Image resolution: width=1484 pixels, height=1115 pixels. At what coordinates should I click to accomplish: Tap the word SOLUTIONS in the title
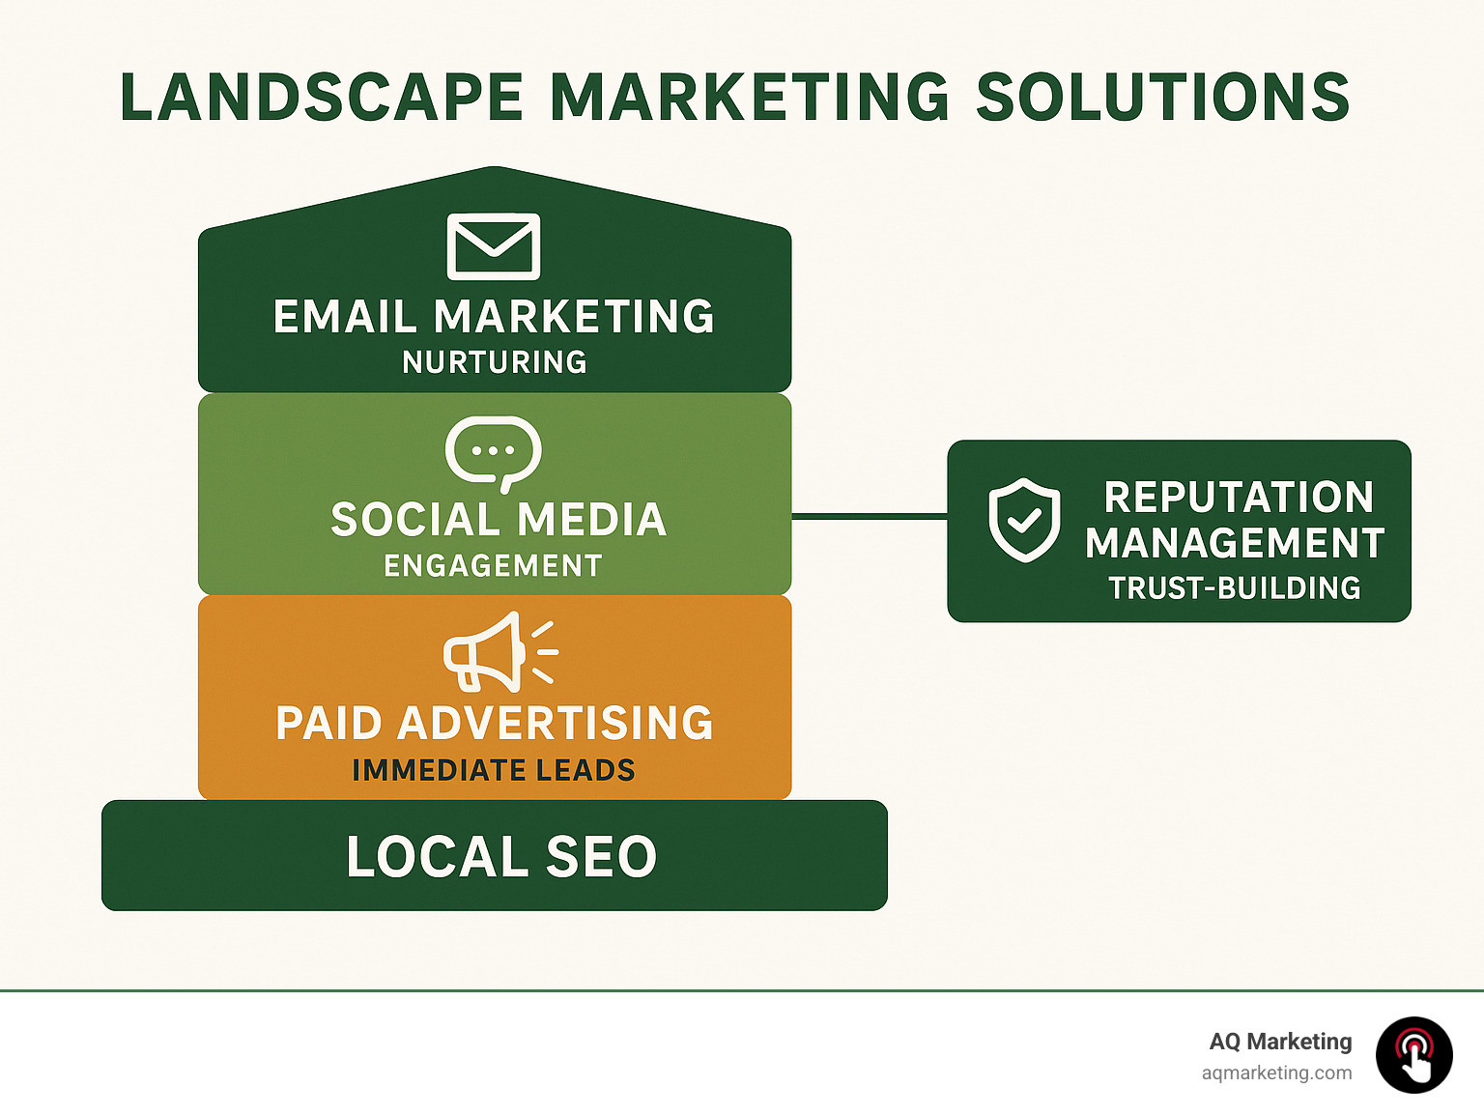1163,98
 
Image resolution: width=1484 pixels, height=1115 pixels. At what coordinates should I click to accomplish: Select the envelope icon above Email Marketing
494,246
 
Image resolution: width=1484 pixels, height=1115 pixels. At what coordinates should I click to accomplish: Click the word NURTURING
495,362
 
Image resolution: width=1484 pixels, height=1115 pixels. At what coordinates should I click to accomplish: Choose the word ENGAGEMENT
493,565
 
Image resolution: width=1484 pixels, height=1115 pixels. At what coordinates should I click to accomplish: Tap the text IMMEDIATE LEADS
494,770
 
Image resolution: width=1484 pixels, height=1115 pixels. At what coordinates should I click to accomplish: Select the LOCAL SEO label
501,857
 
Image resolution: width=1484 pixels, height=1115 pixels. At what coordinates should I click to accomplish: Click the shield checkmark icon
1024,520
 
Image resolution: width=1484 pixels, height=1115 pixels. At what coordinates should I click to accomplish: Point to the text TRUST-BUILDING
1235,587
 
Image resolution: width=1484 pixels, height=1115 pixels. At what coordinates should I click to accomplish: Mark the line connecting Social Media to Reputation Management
870,517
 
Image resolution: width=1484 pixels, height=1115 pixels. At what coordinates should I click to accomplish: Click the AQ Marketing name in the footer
1280,1042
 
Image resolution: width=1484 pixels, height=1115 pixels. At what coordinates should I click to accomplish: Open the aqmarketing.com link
1276,1072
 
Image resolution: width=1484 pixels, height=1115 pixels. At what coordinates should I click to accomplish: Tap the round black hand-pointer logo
1414,1055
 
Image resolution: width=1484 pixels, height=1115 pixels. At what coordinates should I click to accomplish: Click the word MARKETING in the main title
750,98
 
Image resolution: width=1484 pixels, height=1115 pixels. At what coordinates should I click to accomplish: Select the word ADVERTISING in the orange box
556,724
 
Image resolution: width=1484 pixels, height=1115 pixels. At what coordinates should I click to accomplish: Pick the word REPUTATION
1239,498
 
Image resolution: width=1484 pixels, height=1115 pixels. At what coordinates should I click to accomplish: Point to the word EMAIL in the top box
345,317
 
